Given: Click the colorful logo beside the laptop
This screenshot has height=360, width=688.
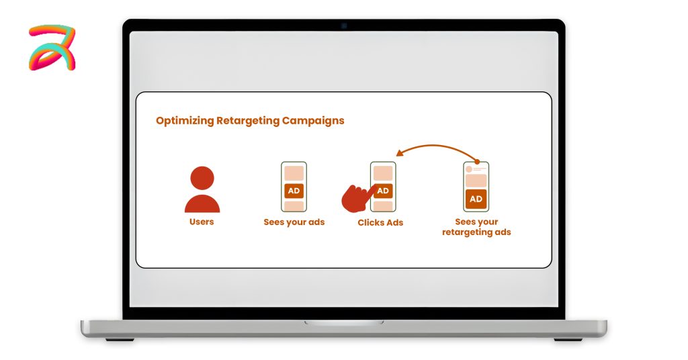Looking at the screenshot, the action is [x=52, y=48].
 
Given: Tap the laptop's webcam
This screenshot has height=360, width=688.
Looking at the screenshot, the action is [x=344, y=26].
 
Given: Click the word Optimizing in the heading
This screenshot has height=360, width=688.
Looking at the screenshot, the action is [x=185, y=121].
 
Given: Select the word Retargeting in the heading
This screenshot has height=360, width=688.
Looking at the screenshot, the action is [x=248, y=121].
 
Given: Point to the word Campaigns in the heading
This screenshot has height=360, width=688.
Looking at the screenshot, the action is [x=313, y=121].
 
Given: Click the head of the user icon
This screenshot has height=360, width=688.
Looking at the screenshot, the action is [x=202, y=178].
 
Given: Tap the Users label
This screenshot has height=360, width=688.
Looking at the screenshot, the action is [x=202, y=222].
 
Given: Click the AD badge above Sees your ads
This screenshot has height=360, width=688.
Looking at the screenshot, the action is [x=294, y=191].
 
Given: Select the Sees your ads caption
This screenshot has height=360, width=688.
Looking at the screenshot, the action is [x=294, y=222].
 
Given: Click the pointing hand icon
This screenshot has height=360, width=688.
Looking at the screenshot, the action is [x=356, y=199].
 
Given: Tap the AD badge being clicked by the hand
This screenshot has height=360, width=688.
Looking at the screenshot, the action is [x=383, y=191].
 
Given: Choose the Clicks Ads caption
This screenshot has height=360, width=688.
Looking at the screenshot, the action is [x=380, y=223].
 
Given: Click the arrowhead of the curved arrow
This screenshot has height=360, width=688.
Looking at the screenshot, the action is [x=399, y=152].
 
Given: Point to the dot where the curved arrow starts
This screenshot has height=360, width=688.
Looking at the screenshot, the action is [x=478, y=162].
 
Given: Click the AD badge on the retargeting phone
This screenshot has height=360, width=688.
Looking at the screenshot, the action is [x=476, y=199].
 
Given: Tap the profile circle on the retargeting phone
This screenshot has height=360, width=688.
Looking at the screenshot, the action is [x=468, y=169].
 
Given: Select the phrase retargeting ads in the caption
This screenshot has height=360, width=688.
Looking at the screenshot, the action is [x=476, y=232].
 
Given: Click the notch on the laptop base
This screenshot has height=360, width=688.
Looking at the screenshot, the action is [x=344, y=323].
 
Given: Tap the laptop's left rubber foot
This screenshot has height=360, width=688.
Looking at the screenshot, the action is [x=120, y=339].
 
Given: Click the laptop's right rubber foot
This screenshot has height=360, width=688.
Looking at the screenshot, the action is [x=568, y=339].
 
